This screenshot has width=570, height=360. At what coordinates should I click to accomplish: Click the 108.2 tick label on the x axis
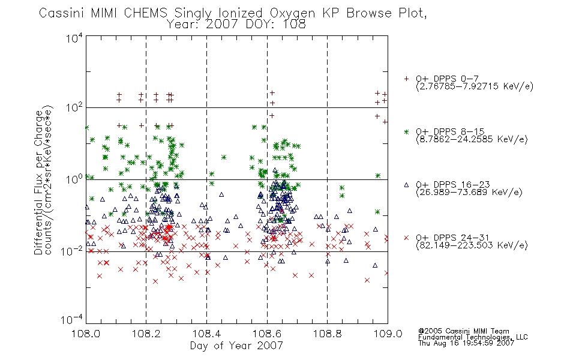click(146, 334)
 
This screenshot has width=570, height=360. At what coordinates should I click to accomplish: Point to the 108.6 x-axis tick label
click(267, 334)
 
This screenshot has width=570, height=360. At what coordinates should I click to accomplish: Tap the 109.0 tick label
click(388, 334)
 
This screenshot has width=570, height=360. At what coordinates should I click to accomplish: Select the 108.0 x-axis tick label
click(86, 334)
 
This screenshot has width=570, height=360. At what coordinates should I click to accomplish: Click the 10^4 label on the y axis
click(74, 38)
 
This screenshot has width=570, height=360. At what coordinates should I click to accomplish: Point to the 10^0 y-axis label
click(74, 179)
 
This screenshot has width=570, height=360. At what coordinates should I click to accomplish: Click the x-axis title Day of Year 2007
click(236, 346)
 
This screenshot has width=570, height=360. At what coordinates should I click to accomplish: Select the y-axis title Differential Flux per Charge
click(39, 182)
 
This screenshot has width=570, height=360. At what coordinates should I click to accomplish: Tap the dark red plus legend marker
click(406, 79)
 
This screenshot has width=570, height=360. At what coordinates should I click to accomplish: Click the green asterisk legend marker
click(406, 131)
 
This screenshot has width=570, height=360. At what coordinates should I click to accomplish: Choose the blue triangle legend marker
click(406, 185)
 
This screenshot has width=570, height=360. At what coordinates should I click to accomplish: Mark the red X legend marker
click(406, 238)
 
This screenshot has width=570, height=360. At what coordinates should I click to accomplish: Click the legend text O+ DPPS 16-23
click(453, 184)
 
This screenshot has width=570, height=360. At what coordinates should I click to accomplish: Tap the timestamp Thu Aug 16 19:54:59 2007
click(466, 343)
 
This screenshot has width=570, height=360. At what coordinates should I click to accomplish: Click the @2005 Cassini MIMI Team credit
click(463, 331)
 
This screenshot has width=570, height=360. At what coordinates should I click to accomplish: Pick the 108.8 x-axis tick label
click(327, 334)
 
